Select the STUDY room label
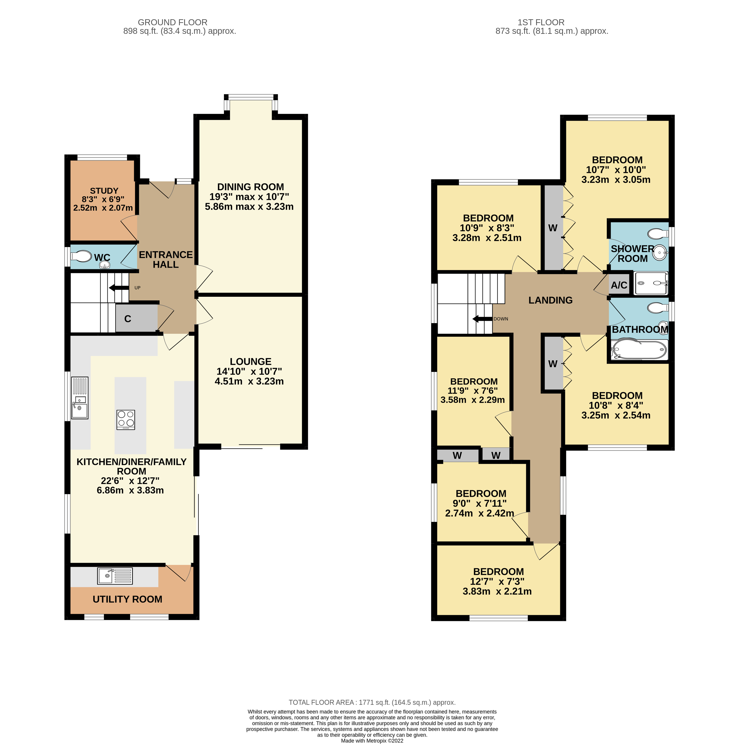[104, 191]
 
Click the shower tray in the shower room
[651, 283]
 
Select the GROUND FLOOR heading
[173, 22]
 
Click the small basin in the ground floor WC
[104, 265]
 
